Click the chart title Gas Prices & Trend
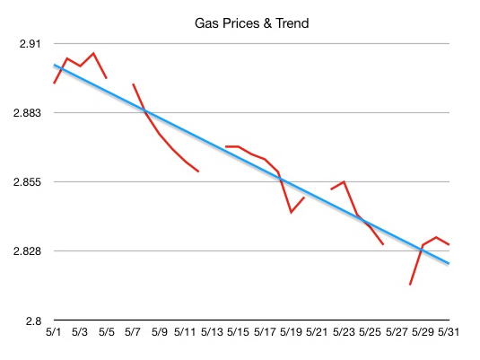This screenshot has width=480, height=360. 251,23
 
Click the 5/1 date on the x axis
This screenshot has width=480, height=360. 54,332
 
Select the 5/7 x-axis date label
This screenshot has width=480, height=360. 133,332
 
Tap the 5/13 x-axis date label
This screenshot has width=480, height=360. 212,332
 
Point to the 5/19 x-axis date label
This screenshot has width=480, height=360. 291,332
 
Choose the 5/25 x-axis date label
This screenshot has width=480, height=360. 370,332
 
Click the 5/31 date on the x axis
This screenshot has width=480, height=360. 449,332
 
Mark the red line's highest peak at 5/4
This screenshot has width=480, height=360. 93,53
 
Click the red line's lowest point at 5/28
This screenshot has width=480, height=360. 409,285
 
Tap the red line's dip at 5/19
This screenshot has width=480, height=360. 291,213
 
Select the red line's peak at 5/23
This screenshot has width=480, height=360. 344,181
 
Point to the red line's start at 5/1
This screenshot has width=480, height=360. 54,83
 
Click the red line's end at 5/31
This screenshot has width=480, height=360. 449,245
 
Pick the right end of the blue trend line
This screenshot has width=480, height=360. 449,263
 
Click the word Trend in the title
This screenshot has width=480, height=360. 290,23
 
